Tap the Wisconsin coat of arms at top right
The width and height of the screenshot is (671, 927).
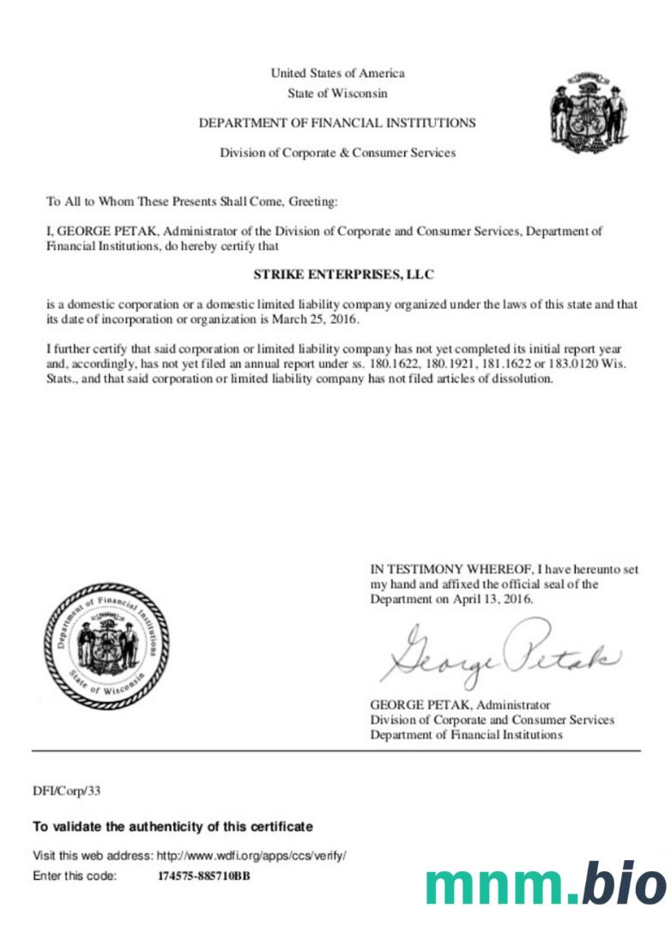[x=589, y=112]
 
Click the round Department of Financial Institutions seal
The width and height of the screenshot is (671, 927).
[x=106, y=645]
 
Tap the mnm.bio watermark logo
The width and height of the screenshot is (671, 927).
[x=545, y=883]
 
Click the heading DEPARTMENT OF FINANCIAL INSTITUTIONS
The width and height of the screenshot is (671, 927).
[x=337, y=124]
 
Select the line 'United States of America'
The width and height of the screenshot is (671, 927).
[x=337, y=73]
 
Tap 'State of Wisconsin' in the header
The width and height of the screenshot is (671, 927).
[x=337, y=93]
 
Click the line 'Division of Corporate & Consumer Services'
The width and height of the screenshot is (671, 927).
[x=337, y=153]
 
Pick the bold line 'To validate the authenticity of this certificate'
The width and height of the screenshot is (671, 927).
[x=172, y=827]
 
